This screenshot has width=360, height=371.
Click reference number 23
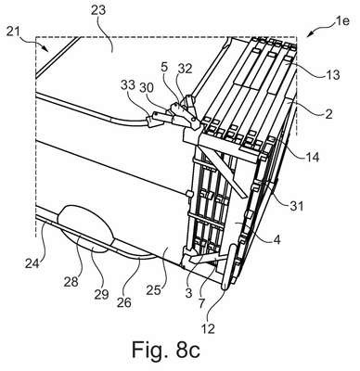98,9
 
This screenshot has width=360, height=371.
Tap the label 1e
341,20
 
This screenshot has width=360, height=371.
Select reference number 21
13,32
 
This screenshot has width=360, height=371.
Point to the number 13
333,74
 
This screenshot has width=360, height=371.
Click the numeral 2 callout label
328,114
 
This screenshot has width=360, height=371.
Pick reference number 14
312,158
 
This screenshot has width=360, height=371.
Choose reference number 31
296,206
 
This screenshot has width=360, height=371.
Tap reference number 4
277,239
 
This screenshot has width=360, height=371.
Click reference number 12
209,328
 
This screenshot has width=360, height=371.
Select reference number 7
201,303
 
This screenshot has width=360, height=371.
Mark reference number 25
154,290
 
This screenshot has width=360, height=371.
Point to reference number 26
124,301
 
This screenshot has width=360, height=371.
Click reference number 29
102,294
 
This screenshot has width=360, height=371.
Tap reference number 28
71,282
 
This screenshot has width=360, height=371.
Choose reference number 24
32,263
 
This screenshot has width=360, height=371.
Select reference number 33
128,84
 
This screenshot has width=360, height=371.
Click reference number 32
186,69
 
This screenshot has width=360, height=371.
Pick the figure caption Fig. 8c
166,350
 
